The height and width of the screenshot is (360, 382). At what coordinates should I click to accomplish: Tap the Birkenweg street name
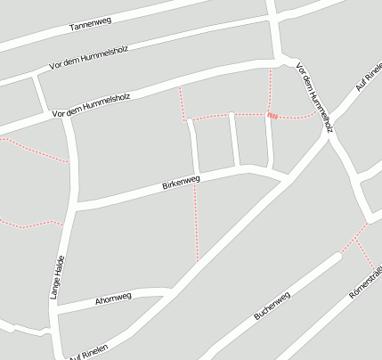pos(181,184)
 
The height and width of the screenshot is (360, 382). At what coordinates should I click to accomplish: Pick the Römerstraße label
pos(366,285)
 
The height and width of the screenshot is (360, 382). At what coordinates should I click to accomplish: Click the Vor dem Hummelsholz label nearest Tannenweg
pos(89,57)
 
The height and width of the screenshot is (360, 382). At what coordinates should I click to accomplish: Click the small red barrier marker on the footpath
pos(272,115)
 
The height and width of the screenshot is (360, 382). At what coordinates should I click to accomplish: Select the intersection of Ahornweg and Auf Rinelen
pos(169,291)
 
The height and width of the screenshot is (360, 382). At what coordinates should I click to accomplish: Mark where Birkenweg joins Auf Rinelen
pos(283,178)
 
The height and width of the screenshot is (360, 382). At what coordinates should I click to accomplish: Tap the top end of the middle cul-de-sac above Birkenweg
pos(232,115)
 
